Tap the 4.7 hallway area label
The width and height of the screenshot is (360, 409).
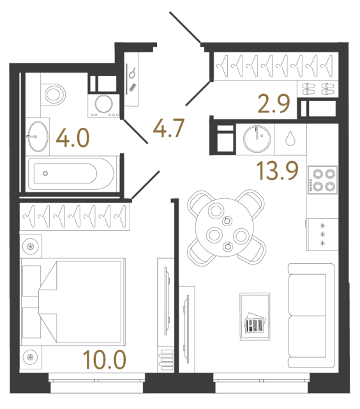tap(168, 128)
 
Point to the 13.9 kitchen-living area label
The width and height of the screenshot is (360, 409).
tap(278, 171)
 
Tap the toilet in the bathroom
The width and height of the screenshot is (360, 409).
tap(53, 95)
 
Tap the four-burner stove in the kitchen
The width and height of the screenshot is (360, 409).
tap(322, 180)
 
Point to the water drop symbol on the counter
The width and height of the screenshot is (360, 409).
tap(290, 138)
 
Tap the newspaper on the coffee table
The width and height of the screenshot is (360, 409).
tap(255, 325)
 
